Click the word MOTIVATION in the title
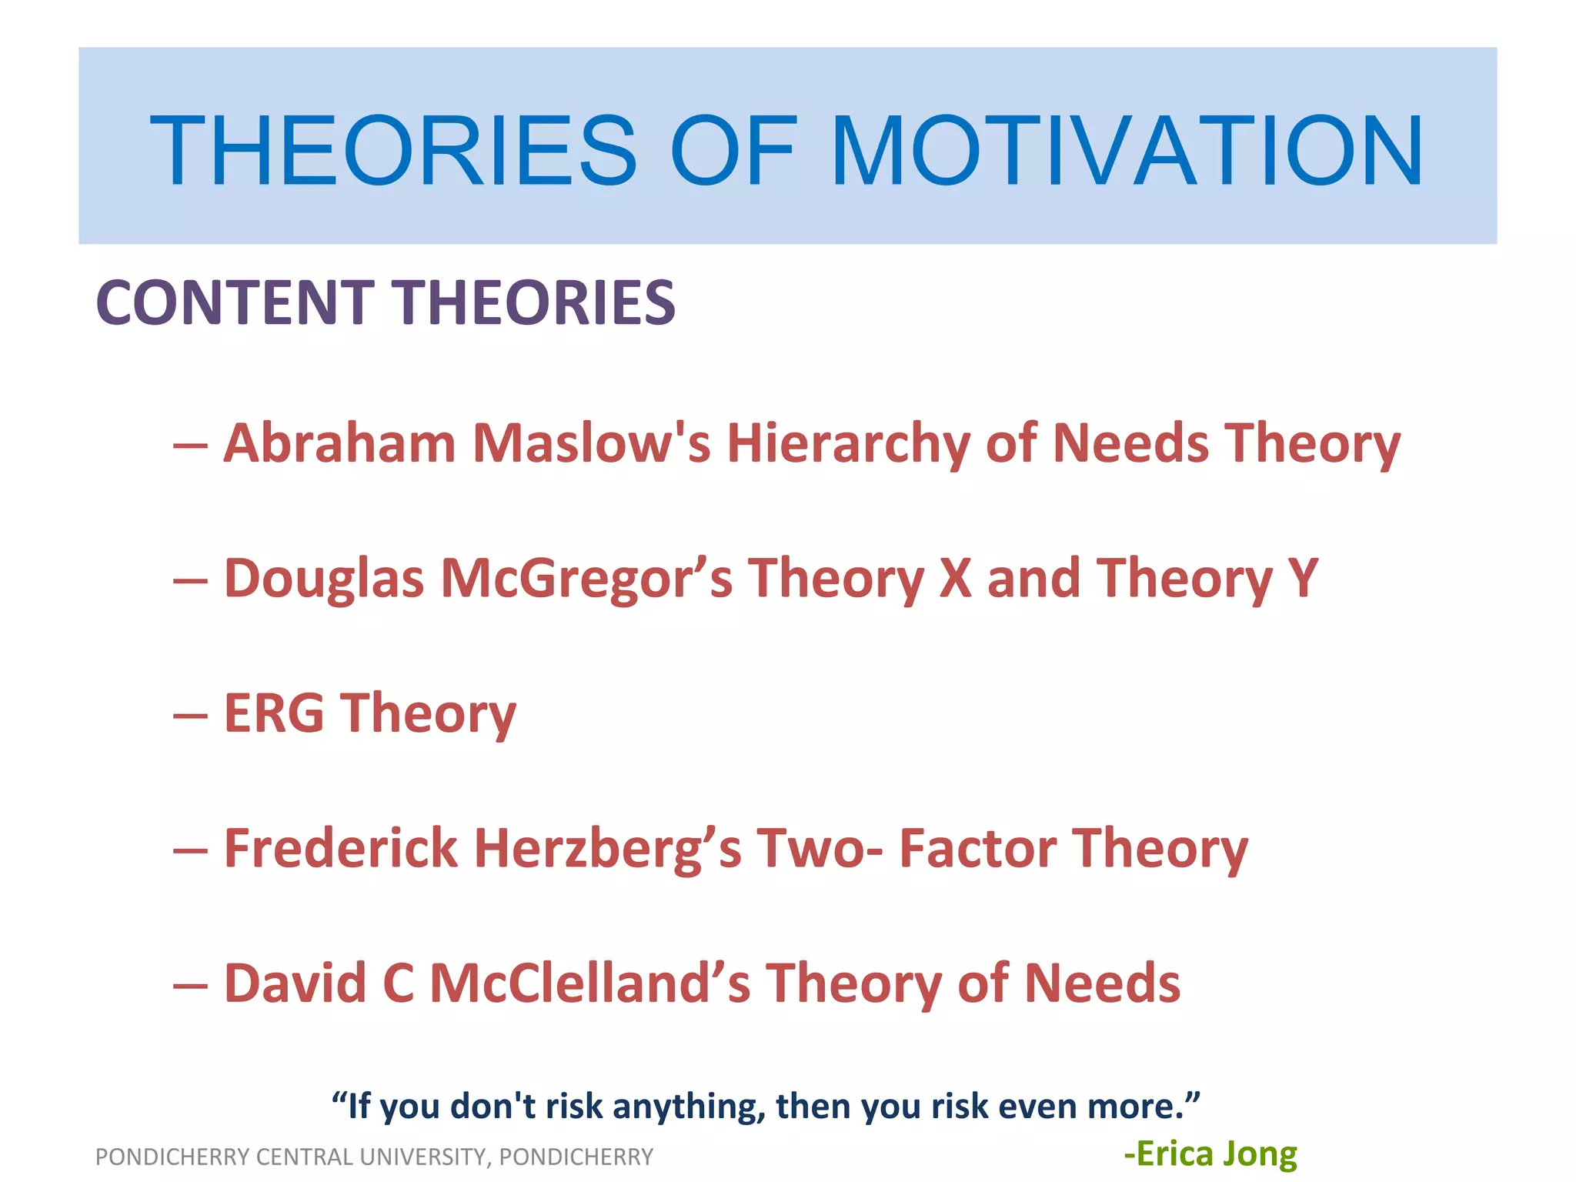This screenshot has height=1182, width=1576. tap(1127, 151)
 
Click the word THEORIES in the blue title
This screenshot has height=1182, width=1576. tap(393, 151)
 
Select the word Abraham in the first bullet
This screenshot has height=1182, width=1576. tap(339, 444)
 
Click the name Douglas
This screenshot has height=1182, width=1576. tap(324, 579)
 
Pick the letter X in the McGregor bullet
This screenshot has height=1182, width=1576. tap(955, 579)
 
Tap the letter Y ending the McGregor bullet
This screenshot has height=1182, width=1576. tap(1303, 579)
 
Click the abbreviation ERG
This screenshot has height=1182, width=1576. tap(274, 713)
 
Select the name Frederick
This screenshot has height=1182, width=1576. tap(341, 848)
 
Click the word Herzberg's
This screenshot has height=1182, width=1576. tap(608, 848)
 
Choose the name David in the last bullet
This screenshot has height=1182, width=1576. tap(295, 983)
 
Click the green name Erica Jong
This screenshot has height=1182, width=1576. tap(1210, 1154)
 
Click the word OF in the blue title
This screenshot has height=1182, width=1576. tap(733, 151)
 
